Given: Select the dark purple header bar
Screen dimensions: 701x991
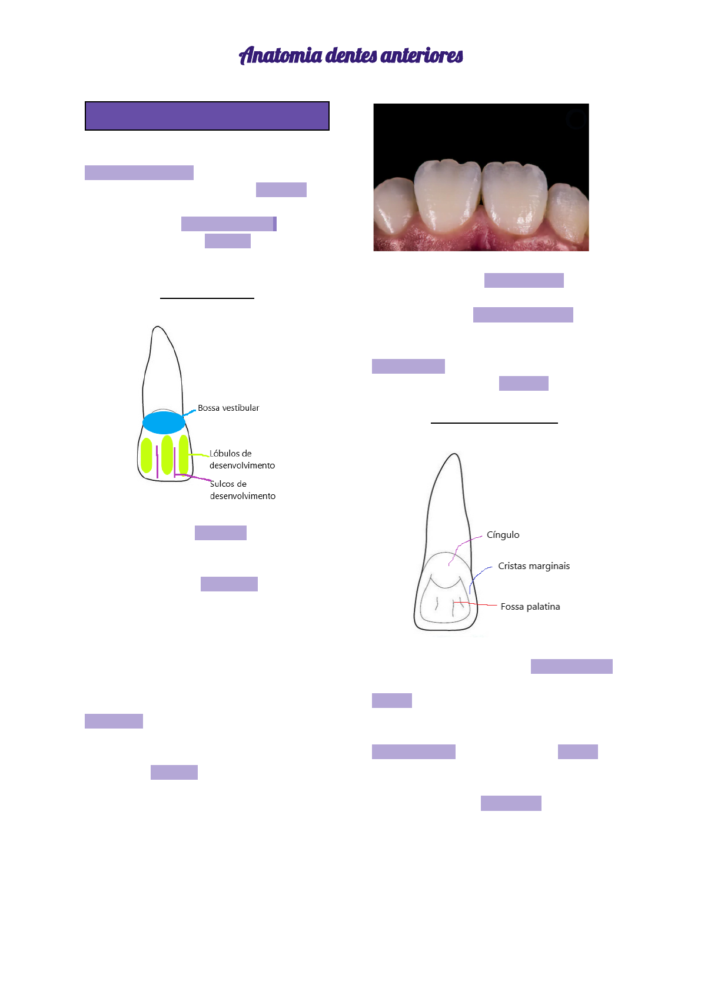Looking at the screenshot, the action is (207, 116).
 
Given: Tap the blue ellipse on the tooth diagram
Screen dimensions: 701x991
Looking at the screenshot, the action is (164, 423).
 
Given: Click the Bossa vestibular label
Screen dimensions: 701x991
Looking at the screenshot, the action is (228, 408).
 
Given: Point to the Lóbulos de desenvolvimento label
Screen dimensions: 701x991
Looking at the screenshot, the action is (242, 459).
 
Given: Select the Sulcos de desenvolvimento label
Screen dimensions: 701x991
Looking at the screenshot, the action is (242, 490).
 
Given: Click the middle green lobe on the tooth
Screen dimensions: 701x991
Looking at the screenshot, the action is (167, 454).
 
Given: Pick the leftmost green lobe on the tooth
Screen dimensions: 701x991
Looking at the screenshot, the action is (147, 455).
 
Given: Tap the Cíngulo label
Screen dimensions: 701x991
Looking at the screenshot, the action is (503, 535).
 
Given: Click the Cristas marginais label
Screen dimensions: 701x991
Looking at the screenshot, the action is (534, 566).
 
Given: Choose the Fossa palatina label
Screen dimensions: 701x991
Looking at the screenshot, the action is (530, 607).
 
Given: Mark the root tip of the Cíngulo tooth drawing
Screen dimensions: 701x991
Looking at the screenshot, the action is (454, 455).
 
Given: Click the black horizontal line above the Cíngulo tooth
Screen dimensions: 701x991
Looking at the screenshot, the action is (494, 423).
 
